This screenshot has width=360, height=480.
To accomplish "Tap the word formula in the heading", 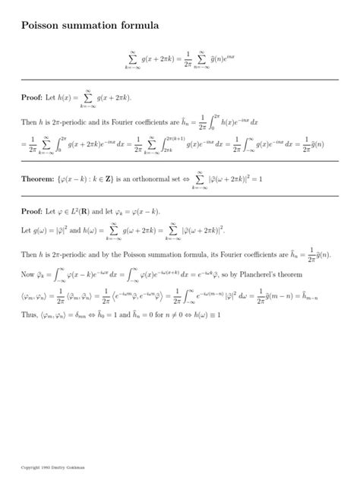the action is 137,26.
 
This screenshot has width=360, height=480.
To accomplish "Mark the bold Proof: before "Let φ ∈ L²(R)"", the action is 34,210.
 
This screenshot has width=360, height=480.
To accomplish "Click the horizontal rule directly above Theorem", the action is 179,161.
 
